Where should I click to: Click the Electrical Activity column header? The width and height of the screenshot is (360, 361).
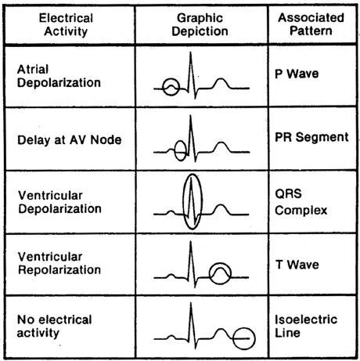[66, 25]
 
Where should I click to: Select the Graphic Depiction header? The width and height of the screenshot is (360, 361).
[200, 25]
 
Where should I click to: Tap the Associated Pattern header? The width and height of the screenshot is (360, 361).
[311, 24]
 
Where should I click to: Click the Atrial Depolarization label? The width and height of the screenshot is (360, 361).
[59, 76]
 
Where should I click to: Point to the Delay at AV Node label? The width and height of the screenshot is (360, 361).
[70, 140]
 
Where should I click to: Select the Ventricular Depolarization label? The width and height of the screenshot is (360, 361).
[59, 202]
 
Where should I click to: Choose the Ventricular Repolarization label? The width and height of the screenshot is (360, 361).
[59, 263]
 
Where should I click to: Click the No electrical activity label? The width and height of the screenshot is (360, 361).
[54, 326]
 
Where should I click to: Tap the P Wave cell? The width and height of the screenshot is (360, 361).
[297, 74]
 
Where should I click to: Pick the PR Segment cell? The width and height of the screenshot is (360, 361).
[311, 137]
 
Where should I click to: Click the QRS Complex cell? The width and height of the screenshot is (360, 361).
[301, 202]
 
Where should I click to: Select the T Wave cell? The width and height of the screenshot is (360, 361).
[297, 265]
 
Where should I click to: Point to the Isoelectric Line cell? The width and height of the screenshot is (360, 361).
[306, 326]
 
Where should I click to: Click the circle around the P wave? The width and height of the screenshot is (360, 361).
[163, 87]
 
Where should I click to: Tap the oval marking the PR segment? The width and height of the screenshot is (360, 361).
[175, 151]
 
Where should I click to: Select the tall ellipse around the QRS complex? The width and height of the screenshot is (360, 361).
[183, 201]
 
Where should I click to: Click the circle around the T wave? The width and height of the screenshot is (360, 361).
[210, 273]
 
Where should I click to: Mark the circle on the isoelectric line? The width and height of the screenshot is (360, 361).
[232, 338]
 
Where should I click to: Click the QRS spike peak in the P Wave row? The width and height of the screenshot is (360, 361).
[191, 52]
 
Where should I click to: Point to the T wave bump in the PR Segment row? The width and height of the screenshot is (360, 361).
[221, 143]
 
